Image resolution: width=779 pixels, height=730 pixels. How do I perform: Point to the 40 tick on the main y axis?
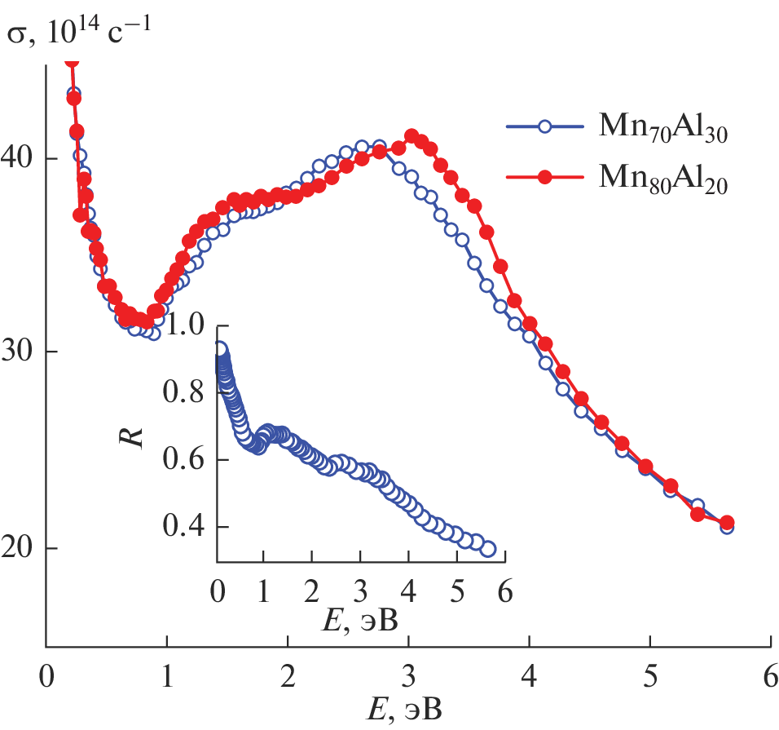pos(22,158)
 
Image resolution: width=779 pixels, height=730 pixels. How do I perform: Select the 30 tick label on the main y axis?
pos(22,352)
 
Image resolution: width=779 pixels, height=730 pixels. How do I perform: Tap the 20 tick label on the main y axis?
pos(22,548)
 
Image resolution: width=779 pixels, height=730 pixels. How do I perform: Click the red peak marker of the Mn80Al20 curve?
pos(412,136)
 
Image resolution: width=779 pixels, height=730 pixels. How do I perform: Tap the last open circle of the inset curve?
pos(487,549)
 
